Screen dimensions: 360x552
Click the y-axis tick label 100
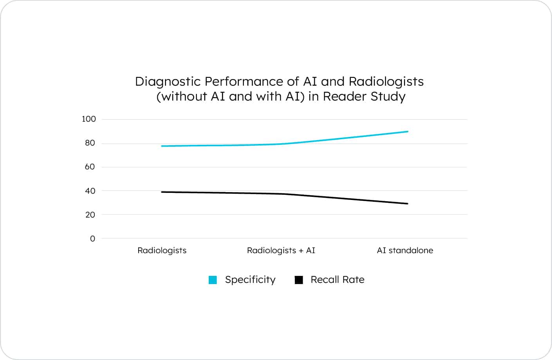[x=88, y=119]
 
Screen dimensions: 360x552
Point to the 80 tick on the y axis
[x=90, y=143]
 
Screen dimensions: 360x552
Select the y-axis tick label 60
[x=90, y=167]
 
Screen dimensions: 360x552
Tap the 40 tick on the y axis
[x=90, y=191]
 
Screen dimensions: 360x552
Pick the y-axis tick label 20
[x=90, y=215]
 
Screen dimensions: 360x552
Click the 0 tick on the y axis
[x=92, y=239]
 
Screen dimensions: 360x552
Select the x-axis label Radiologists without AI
[x=162, y=250]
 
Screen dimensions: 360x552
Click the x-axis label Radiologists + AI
[x=281, y=250]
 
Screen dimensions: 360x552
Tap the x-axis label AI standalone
[x=405, y=250]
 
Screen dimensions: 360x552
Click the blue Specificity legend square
[x=213, y=280]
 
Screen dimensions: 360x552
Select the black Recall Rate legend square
[x=299, y=280]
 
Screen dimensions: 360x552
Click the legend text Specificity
[x=250, y=280]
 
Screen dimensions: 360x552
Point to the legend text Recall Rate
[x=337, y=280]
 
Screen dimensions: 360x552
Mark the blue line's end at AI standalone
[x=408, y=131]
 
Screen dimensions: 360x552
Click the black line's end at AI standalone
[x=408, y=203]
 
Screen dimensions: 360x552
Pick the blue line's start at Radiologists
[x=162, y=146]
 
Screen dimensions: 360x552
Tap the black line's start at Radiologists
[x=162, y=192]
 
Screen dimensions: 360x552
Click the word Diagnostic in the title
[x=168, y=81]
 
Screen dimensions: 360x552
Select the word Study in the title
[x=388, y=96]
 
